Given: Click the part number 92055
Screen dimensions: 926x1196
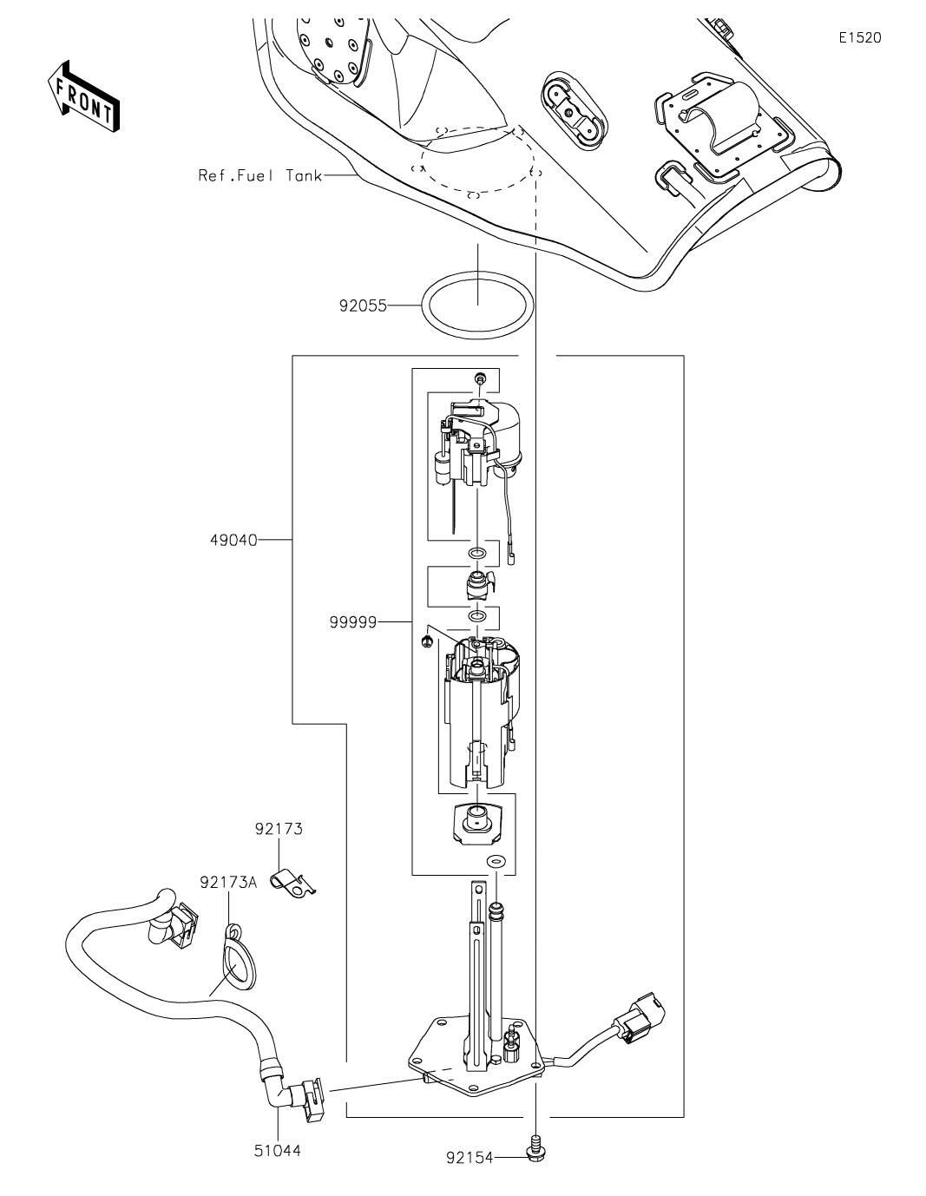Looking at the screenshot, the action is (363, 306).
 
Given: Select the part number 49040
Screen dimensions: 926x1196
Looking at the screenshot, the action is (233, 541).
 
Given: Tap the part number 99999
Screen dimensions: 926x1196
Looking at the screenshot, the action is (353, 622).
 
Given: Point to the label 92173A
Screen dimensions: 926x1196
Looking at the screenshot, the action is (228, 883).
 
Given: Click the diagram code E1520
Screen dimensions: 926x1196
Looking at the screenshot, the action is (860, 38).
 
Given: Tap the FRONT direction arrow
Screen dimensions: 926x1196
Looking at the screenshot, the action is (83, 96).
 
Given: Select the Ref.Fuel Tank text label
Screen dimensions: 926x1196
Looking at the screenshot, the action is (260, 175).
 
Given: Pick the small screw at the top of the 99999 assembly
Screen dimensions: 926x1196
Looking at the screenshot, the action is (480, 378).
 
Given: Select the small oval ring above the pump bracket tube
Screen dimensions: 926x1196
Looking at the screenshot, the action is (496, 860).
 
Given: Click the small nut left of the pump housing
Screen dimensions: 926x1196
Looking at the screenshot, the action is (427, 641).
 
